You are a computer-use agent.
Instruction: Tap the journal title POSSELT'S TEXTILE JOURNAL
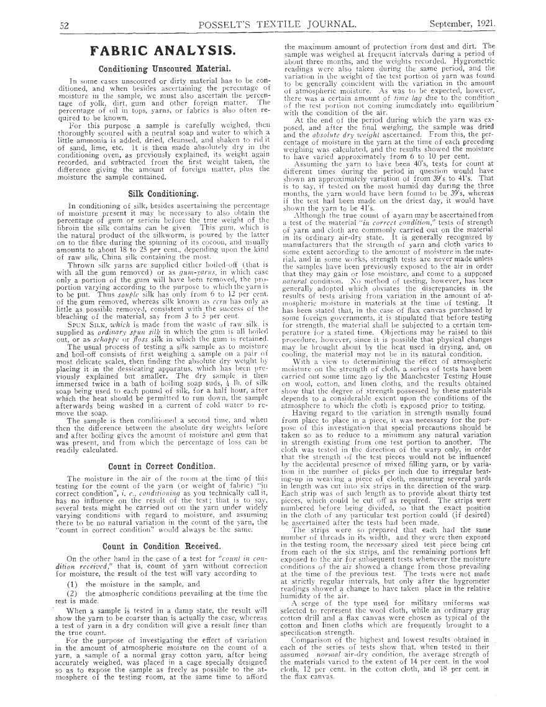tap(278, 25)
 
